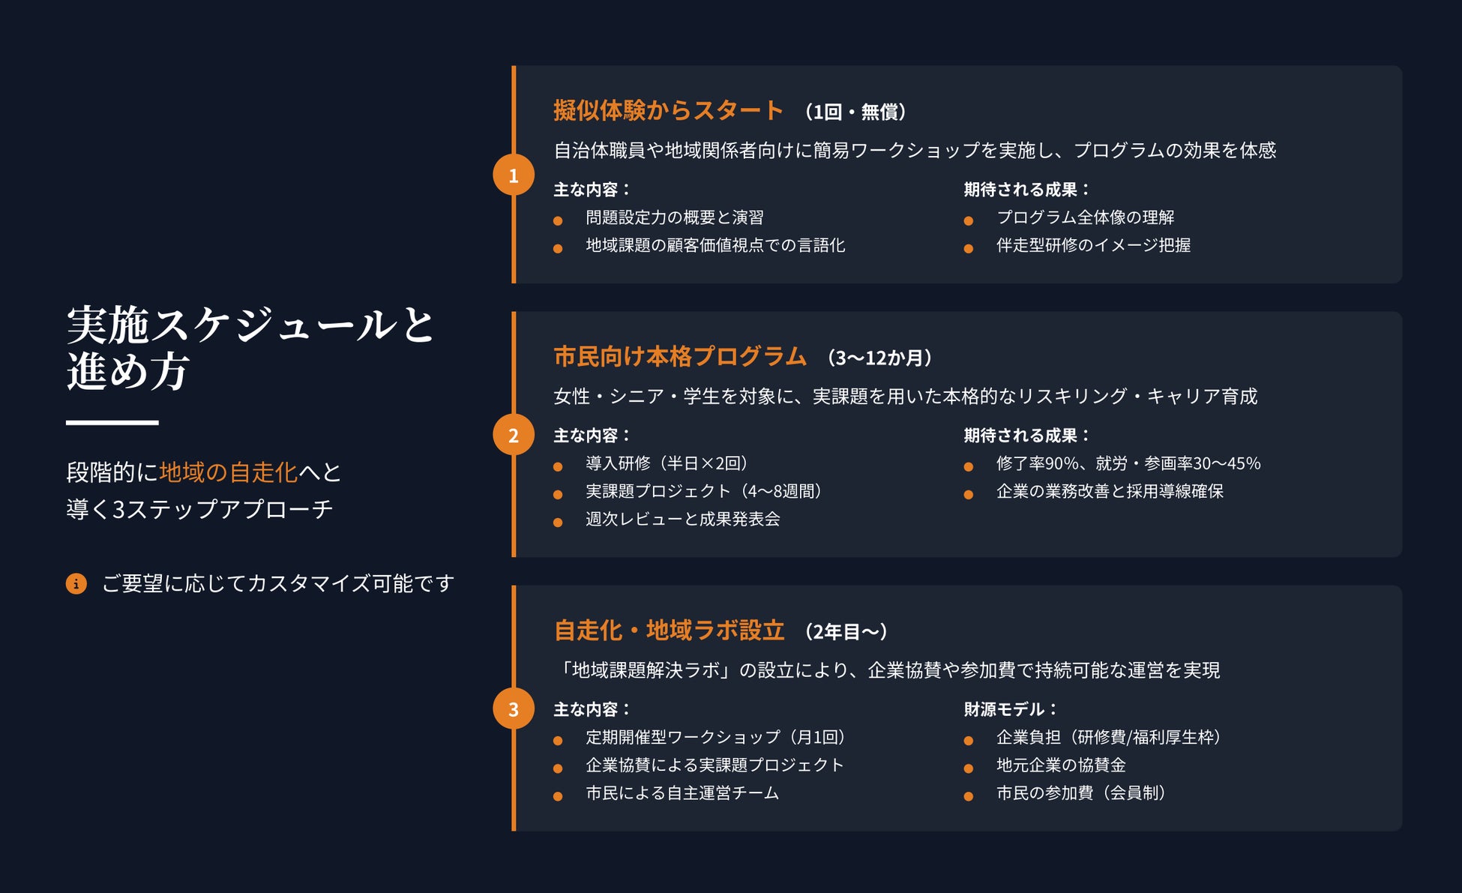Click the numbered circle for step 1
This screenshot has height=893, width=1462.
[514, 175]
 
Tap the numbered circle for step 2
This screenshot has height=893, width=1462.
[514, 435]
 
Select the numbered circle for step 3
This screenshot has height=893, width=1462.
[514, 709]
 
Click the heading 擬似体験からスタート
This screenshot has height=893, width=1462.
[668, 111]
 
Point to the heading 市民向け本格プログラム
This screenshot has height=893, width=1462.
[679, 357]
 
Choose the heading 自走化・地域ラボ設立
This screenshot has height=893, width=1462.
[669, 631]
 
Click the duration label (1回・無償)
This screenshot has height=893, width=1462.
[855, 112]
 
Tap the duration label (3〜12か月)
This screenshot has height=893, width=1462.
[879, 358]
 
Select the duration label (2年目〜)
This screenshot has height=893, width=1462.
[846, 632]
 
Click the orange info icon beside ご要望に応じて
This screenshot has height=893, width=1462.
[76, 583]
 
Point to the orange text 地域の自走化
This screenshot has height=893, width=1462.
[228, 472]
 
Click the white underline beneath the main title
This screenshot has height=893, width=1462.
[112, 423]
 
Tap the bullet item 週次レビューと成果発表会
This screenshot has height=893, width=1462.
[682, 519]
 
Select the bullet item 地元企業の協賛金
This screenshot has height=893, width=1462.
[1060, 765]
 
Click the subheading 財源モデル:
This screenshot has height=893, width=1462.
[1010, 709]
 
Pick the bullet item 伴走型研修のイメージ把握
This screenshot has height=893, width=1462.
[1093, 245]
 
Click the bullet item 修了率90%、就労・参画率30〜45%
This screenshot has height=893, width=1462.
[1128, 463]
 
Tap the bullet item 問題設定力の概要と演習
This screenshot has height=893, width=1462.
[674, 217]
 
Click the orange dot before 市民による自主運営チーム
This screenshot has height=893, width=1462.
[558, 796]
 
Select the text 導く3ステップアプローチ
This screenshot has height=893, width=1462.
[199, 510]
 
